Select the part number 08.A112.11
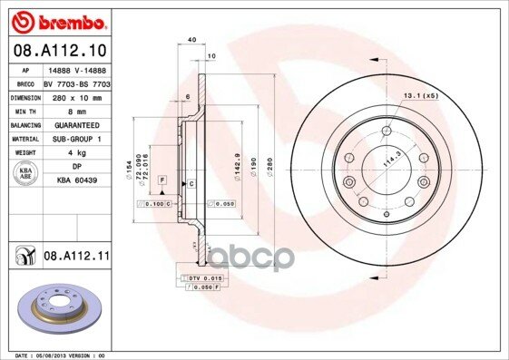[76, 258]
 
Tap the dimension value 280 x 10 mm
[75, 95]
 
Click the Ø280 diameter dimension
[269, 168]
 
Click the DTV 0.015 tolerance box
[201, 277]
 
